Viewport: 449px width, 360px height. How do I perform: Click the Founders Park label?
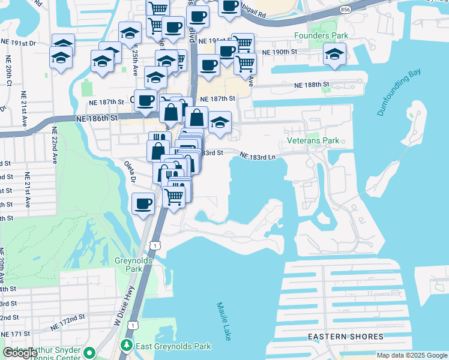coord(321,36)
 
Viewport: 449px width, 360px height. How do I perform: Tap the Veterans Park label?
coord(313,141)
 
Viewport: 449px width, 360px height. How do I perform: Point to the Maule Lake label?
coord(223,321)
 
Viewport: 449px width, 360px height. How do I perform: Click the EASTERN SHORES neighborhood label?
coord(337,337)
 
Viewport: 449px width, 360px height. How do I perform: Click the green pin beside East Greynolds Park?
coord(127,346)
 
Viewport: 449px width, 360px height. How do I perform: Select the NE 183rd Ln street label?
coord(257,156)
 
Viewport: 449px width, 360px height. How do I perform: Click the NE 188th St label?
coord(312,85)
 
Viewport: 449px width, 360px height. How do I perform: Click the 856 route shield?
coord(345,10)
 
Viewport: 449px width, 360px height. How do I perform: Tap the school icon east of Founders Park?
coord(334,54)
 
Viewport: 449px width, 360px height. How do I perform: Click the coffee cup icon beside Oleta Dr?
coord(143,205)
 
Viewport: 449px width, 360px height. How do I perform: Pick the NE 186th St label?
coord(97,119)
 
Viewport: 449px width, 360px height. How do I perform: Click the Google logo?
coord(20,353)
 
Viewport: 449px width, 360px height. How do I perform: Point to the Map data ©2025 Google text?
coord(412,355)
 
